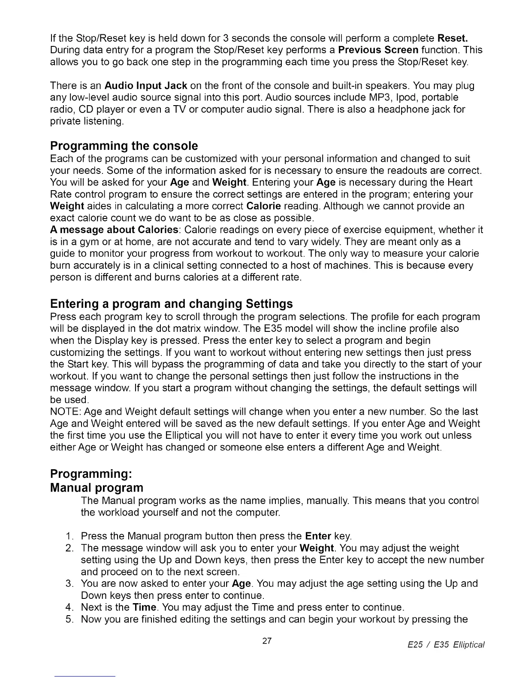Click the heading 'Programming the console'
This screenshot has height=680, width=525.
point(124,146)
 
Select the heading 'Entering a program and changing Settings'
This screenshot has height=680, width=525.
point(172,304)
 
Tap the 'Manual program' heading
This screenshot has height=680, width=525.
point(97,488)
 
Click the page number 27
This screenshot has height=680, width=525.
point(267,641)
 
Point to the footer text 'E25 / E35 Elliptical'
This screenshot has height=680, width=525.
point(446,645)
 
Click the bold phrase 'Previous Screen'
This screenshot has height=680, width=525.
point(378,50)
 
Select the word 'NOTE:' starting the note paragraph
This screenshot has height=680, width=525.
point(66,412)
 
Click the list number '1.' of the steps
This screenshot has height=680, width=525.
point(70,536)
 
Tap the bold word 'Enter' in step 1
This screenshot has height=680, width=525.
point(318,536)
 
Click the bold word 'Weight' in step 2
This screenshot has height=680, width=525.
point(317,548)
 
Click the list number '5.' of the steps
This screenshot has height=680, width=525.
point(70,619)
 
